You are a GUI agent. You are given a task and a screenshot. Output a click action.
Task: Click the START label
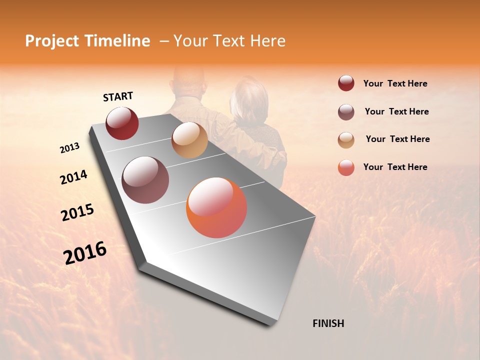(118, 96)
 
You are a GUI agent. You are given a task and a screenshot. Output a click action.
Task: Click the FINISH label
(328, 323)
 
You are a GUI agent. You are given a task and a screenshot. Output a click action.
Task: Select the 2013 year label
(69, 148)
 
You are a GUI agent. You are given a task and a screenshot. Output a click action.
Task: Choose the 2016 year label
(85, 253)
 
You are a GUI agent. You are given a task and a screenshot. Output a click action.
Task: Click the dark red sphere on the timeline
(122, 123)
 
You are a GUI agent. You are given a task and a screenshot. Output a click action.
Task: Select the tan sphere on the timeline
(189, 140)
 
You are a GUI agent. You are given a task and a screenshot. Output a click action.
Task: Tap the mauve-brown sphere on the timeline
(145, 180)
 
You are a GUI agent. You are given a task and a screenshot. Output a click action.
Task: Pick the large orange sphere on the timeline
(216, 207)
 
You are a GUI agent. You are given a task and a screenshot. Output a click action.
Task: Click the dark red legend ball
(346, 83)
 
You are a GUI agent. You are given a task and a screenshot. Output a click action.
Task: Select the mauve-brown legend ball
(346, 112)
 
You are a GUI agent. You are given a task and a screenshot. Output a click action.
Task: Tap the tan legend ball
(346, 140)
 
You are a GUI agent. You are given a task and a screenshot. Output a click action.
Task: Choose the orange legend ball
(346, 167)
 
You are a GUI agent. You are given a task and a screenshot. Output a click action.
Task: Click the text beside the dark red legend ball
(395, 83)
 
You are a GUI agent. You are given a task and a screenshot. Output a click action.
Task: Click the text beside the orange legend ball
(395, 167)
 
